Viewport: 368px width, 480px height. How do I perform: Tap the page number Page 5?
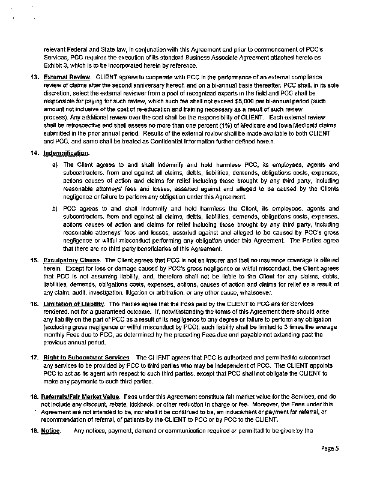pyautogui.click(x=330, y=465)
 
